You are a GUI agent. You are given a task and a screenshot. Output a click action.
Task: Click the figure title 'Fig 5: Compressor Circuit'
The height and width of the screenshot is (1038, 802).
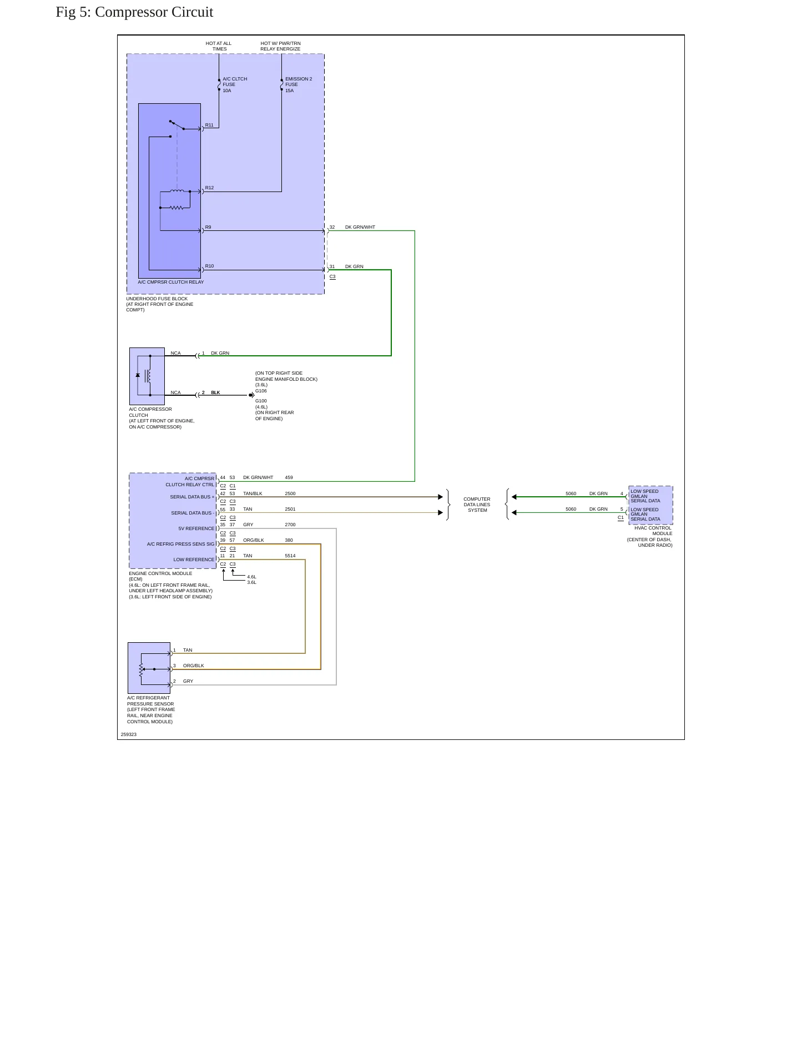pos(134,12)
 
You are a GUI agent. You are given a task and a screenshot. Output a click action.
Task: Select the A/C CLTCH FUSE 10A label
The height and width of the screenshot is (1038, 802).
pos(235,85)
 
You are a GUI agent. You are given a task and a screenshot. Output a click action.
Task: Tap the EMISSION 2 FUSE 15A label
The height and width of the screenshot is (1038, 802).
pos(299,85)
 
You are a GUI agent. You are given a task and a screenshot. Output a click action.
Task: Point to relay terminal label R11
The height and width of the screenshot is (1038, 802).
pos(209,125)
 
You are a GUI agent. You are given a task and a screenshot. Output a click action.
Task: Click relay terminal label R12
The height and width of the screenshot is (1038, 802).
pos(209,188)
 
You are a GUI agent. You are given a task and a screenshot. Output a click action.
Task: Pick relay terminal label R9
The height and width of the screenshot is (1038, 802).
pos(208,227)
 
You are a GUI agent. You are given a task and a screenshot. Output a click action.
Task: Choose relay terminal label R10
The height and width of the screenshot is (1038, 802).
pos(209,266)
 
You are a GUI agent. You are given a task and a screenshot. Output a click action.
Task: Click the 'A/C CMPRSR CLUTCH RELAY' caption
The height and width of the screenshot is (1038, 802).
pos(171,282)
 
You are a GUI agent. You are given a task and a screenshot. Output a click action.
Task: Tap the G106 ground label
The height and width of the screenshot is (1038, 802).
pos(261,391)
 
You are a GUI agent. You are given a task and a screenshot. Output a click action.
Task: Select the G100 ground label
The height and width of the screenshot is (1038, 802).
pos(261,401)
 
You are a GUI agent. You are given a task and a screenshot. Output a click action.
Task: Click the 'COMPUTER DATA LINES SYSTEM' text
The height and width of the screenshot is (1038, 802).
pos(477,505)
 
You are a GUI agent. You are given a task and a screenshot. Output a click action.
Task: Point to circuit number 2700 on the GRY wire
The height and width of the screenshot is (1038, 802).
pos(290,525)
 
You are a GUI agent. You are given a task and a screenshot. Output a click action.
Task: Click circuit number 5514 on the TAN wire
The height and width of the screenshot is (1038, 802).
pos(290,556)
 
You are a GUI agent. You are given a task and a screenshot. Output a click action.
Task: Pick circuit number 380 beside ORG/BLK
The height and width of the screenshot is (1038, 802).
pos(289,540)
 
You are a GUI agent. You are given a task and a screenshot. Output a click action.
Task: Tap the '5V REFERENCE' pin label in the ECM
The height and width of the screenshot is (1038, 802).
pos(196,528)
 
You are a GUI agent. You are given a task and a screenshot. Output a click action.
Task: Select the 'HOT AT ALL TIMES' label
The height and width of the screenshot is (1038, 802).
pos(219,46)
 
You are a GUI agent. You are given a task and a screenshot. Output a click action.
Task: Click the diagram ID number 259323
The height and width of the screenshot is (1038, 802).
pos(129,734)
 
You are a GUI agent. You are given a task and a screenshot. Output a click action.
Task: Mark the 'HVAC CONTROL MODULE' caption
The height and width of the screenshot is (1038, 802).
pos(653,531)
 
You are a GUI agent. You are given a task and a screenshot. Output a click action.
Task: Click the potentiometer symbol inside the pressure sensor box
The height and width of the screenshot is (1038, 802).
pos(142,669)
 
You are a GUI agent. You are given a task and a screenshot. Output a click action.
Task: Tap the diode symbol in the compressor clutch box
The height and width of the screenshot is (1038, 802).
pos(138,375)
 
